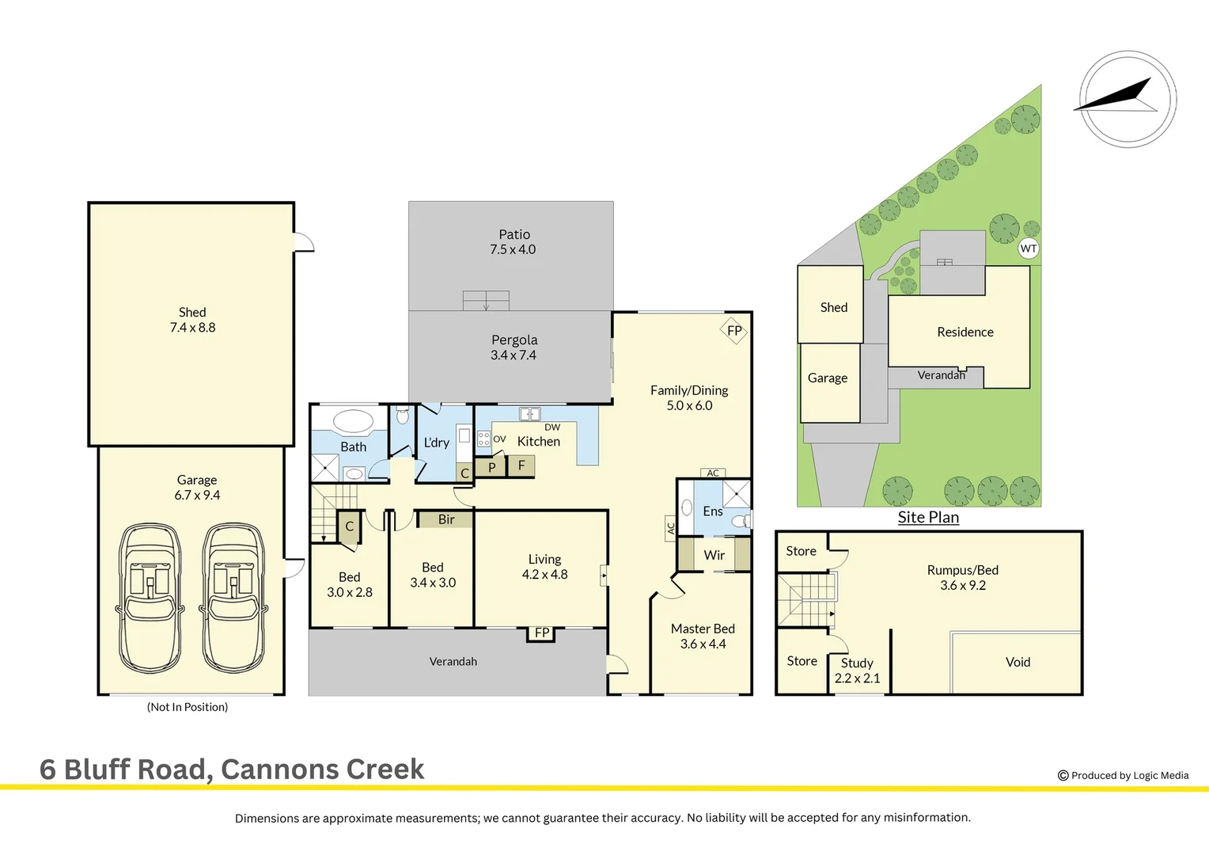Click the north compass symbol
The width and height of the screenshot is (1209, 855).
(1128, 99)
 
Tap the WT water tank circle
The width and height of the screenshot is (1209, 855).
(1028, 249)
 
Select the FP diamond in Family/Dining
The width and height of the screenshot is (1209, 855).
(734, 331)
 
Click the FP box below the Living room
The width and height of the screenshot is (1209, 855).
(542, 633)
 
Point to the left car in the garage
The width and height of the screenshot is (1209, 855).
(150, 598)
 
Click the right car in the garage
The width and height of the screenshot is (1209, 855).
(233, 598)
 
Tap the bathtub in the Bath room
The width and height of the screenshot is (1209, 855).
(353, 420)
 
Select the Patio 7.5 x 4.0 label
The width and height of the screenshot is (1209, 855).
(514, 242)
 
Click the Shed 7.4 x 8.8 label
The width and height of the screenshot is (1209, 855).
(192, 320)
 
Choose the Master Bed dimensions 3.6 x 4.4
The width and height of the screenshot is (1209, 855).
(703, 644)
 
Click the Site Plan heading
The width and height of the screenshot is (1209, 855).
(928, 517)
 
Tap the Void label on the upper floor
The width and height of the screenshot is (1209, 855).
(1018, 662)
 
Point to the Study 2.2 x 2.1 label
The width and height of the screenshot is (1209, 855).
(857, 671)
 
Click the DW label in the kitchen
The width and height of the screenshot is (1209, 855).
(552, 427)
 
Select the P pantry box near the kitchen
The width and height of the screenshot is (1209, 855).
(491, 467)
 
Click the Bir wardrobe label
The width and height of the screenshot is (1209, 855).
(446, 519)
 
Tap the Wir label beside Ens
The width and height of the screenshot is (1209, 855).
(714, 555)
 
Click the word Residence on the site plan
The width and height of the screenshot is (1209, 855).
(965, 332)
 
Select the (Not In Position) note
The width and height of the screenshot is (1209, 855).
(188, 707)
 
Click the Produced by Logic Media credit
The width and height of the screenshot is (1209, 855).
(1124, 775)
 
